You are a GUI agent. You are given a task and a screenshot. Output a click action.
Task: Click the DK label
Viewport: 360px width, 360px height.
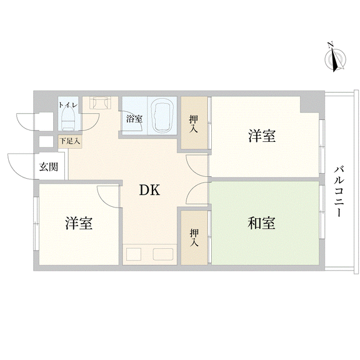coord(149,190)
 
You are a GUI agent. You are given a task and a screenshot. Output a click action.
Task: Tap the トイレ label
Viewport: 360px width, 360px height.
coord(68,105)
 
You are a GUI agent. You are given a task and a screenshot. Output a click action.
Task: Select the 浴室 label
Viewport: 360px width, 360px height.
coord(134,119)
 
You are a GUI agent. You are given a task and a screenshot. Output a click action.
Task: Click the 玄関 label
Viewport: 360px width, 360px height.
coord(49,167)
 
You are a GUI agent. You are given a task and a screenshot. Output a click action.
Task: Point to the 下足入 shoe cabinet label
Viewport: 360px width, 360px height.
coord(70,141)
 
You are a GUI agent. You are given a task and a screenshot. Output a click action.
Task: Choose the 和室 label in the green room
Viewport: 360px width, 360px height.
coord(261,223)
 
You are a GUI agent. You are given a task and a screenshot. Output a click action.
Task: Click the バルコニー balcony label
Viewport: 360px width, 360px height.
coord(339,191)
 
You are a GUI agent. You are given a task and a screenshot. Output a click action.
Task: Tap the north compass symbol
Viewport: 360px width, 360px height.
coord(335,58)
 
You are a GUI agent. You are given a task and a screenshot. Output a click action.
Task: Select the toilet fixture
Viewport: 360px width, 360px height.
coord(67,120)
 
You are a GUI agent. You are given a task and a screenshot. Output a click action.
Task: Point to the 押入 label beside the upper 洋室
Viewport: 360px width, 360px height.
coord(194,124)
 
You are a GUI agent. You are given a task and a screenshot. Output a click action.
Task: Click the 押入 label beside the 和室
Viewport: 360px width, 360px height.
coord(194,238)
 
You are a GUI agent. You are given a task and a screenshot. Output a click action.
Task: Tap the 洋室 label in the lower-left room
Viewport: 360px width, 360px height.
coord(79,223)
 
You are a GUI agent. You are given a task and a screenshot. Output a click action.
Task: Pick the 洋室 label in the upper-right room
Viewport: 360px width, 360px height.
coord(262,136)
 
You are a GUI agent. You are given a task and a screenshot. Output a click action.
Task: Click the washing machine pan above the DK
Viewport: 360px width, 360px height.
coord(100,102)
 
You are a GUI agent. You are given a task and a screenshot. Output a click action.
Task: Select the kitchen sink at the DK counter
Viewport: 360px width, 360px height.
coord(163,254)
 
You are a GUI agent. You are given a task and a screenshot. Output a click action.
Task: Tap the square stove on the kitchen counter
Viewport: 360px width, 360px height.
coord(134,254)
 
